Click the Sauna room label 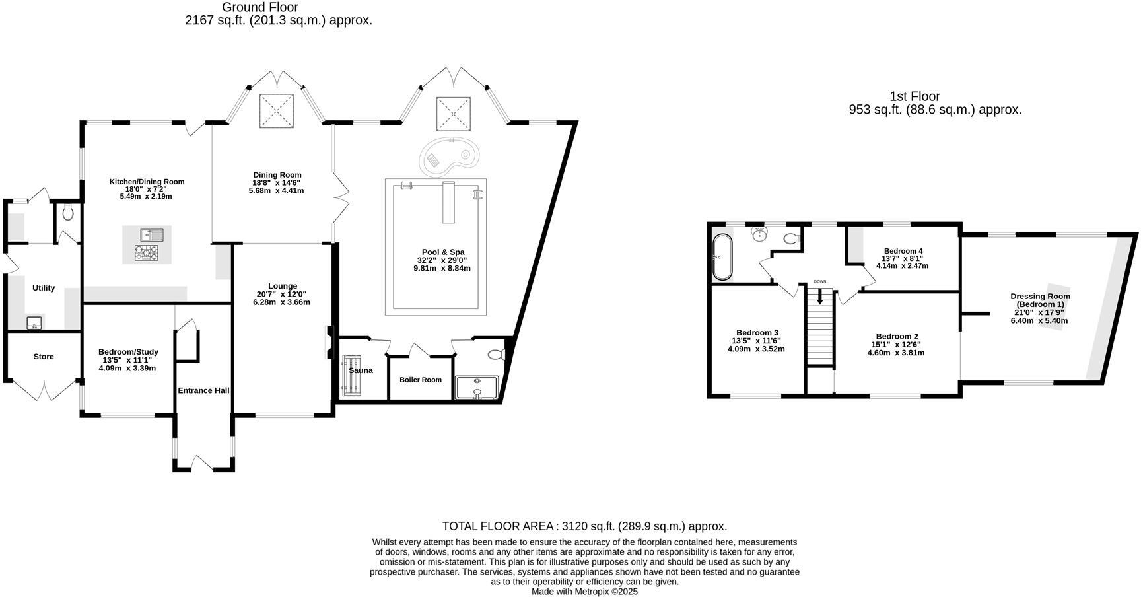coord(361,370)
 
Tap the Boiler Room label coord(421,380)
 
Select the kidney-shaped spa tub coord(449,157)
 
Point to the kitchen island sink coord(151,234)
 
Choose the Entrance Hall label coord(203,390)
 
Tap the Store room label coord(44,357)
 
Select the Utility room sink coord(34,323)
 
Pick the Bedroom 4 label coord(903,251)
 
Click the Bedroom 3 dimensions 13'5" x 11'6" coord(756,341)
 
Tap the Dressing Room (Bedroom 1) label coord(1039,300)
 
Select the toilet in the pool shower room coord(496,355)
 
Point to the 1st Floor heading coord(915,96)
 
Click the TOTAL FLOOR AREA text coord(584,526)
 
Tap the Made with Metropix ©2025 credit coord(584,592)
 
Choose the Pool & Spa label coord(442,252)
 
